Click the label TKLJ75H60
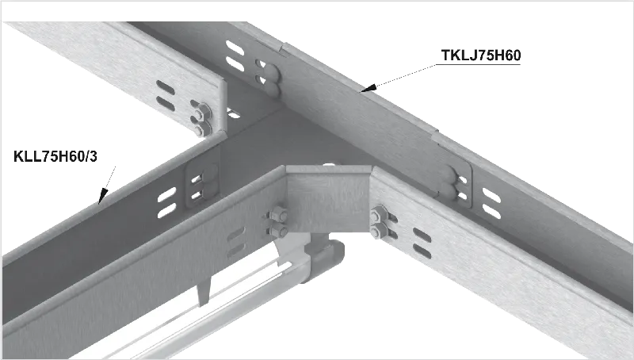(x=480, y=56)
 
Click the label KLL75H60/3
(x=55, y=156)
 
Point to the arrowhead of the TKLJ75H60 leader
(x=369, y=87)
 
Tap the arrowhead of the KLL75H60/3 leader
(x=103, y=196)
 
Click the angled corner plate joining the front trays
(x=328, y=198)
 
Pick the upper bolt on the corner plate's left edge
(x=278, y=214)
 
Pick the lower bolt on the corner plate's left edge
(x=279, y=231)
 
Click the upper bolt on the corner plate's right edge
(x=379, y=214)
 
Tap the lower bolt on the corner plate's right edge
(x=379, y=232)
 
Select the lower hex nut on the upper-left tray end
(x=201, y=129)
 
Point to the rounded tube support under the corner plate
(x=323, y=259)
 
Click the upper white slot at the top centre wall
(x=235, y=48)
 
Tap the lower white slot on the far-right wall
(x=491, y=212)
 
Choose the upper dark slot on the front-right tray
(x=422, y=235)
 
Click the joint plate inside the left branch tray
(x=202, y=184)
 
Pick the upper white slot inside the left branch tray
(x=166, y=194)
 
